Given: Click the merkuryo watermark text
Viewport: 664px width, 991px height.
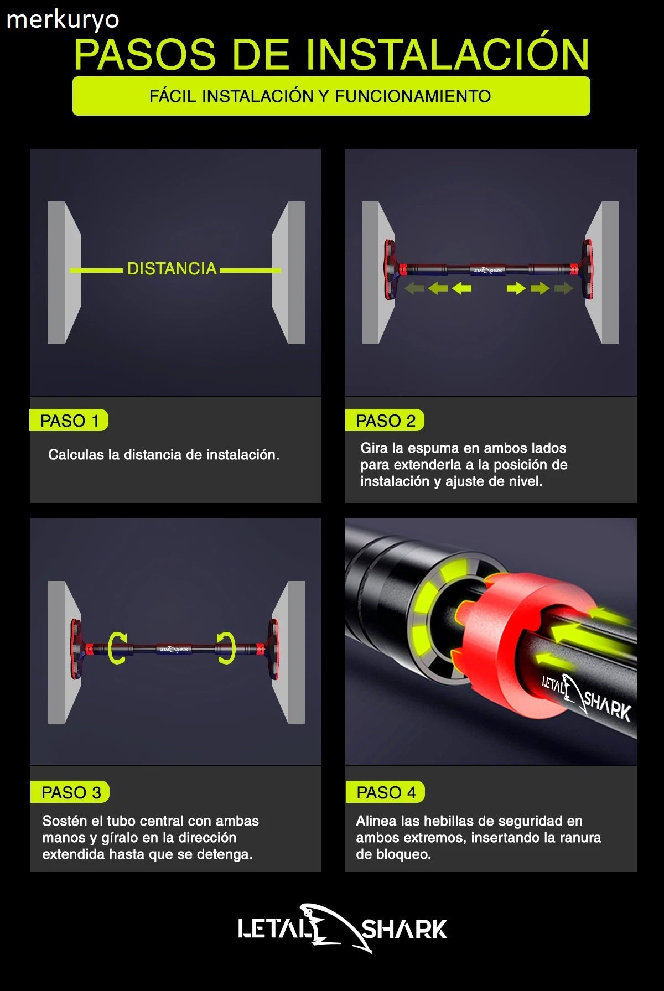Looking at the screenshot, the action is click(x=63, y=20).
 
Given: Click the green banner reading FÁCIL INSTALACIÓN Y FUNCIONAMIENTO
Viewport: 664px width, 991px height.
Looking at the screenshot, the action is click(x=331, y=96).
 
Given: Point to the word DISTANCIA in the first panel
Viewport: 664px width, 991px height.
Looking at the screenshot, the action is click(x=172, y=269).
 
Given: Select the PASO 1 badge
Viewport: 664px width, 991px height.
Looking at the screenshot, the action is click(x=69, y=421).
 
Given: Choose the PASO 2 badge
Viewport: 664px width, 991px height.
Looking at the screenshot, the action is click(x=385, y=421).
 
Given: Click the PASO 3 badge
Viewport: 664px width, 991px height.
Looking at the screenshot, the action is click(x=70, y=792).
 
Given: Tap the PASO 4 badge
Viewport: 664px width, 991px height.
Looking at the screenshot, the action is click(x=385, y=792).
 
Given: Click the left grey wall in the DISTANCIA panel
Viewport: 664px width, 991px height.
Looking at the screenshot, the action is click(x=64, y=272).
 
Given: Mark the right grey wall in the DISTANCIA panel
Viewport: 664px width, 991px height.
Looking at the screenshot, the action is click(x=288, y=272).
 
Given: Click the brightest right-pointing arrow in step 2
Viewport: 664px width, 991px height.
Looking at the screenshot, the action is click(x=516, y=288).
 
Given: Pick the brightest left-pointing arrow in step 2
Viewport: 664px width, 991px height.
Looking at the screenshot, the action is click(x=461, y=288).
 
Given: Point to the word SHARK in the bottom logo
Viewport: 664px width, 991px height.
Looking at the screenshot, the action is click(x=404, y=930).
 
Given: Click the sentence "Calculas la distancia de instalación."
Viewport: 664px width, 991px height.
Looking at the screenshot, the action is click(x=164, y=455).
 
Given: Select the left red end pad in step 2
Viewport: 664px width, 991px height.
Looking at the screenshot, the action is click(x=391, y=269).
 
